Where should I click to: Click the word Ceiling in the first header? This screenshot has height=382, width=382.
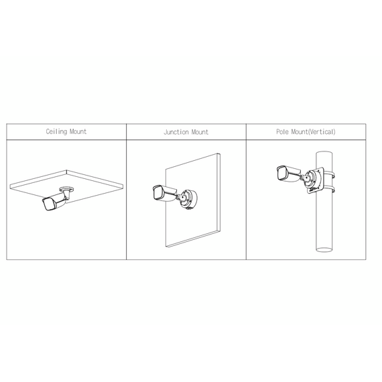pyautogui.click(x=56, y=132)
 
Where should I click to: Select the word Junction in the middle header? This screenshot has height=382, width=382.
pyautogui.click(x=176, y=133)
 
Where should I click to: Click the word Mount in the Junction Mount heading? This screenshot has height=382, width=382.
pyautogui.click(x=200, y=133)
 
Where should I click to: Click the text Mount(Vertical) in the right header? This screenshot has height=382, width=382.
pyautogui.click(x=314, y=132)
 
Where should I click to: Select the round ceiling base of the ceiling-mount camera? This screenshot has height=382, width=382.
pyautogui.click(x=66, y=189)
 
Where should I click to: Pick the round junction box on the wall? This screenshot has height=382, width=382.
pyautogui.click(x=188, y=198)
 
